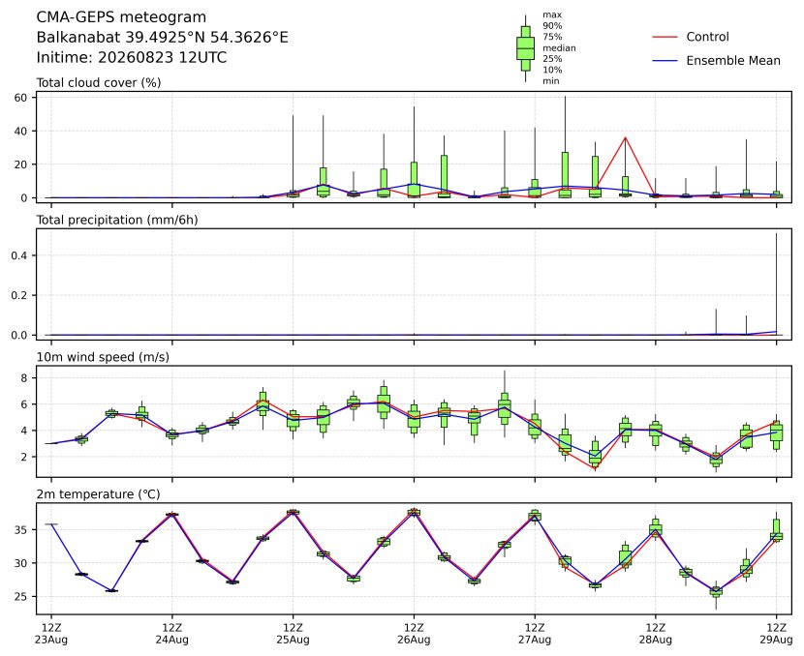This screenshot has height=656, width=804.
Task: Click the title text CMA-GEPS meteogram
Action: coord(121,17)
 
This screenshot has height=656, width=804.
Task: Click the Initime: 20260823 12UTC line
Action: coord(132,57)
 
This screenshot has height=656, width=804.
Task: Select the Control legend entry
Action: coord(690,37)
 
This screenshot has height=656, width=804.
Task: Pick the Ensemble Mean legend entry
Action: coord(716,60)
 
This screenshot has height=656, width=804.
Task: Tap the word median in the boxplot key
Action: coord(559,48)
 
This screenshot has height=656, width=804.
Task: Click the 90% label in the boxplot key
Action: coord(552,25)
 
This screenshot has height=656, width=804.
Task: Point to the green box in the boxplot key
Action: coord(525,48)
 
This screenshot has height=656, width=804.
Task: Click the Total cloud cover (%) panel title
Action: coord(99,83)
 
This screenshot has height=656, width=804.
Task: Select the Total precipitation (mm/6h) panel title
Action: coord(117,220)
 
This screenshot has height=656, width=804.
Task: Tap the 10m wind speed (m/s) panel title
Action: coord(103,357)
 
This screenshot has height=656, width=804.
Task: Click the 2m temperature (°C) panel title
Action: coord(98,494)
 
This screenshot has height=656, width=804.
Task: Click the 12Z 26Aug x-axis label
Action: coord(414,634)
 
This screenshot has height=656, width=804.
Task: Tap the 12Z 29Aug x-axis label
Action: coord(776,634)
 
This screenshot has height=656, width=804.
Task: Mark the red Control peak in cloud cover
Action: coord(625,137)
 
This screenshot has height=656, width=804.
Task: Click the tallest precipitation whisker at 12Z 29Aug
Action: coord(776,284)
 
